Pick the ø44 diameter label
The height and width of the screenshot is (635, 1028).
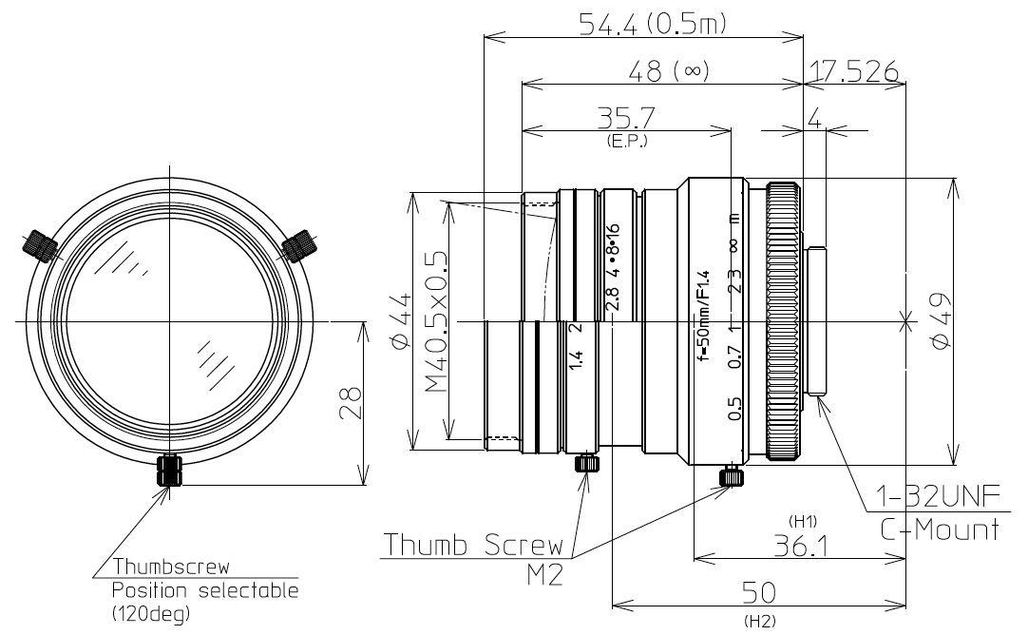pyautogui.click(x=400, y=321)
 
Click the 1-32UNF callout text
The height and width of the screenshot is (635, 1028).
pyautogui.click(x=937, y=498)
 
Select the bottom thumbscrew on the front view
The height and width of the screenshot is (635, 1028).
pyautogui.click(x=170, y=471)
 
